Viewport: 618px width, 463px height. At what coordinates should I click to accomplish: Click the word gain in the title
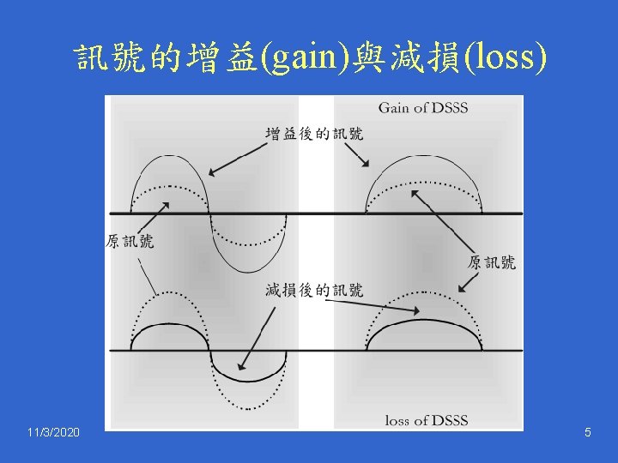click(x=312, y=59)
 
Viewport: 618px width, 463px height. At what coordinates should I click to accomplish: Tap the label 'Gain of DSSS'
click(x=423, y=108)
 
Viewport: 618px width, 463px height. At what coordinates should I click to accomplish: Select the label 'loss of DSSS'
click(x=427, y=420)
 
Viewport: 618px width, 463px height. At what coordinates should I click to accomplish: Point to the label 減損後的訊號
click(x=313, y=290)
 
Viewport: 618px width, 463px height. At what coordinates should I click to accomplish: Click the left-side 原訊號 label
click(x=130, y=242)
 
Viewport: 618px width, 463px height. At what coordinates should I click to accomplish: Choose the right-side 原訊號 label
click(x=492, y=262)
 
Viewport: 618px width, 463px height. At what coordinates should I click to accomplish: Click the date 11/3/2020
click(x=52, y=433)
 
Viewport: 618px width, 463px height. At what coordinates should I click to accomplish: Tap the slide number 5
click(x=587, y=433)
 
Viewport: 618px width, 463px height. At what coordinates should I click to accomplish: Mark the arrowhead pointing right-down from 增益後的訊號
click(x=367, y=164)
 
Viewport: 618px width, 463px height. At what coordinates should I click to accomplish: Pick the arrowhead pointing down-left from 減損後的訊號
click(x=241, y=365)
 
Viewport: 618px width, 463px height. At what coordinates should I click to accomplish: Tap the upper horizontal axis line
click(x=318, y=213)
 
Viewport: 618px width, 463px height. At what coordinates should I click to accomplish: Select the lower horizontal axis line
click(x=318, y=350)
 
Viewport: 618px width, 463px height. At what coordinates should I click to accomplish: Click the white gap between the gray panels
click(x=322, y=257)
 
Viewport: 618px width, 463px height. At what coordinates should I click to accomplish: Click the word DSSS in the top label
click(x=449, y=108)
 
